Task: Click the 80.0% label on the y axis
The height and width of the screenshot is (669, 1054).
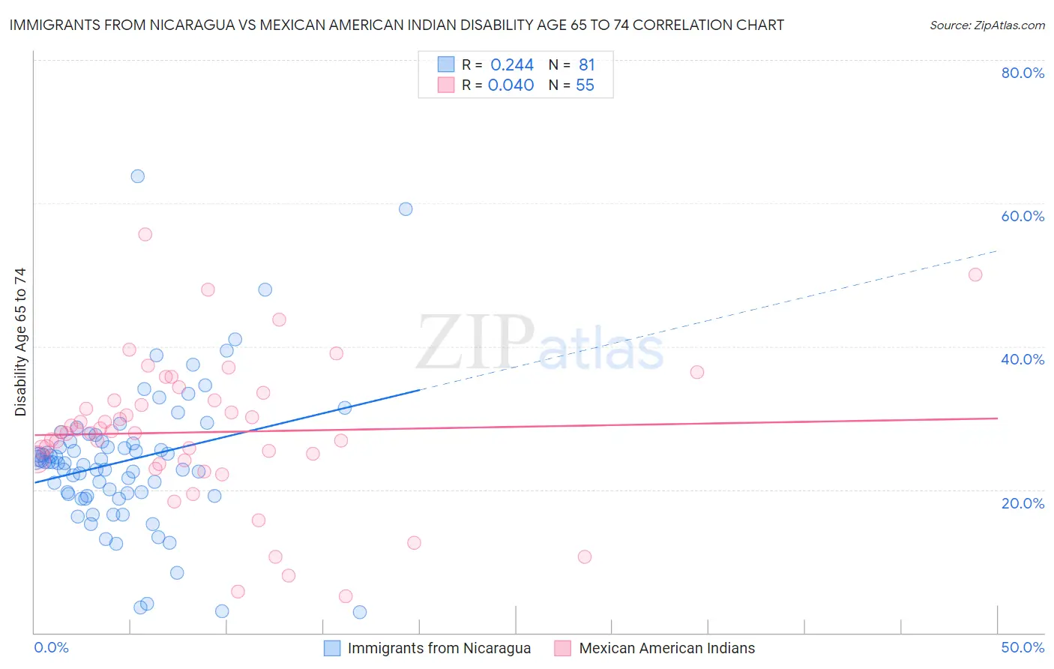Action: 1023,73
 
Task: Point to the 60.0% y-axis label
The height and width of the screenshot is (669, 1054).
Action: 1023,216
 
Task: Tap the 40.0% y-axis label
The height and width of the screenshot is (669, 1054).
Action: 1023,359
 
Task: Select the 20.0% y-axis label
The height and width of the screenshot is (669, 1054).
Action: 1023,503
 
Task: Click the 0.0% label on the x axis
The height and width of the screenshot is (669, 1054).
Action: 51,647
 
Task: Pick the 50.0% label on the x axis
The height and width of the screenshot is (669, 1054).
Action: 1023,647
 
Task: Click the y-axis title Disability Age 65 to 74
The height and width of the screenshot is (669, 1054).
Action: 20,342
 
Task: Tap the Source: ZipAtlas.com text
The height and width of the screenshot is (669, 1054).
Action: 987,25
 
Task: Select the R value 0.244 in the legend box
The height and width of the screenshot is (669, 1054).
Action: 512,65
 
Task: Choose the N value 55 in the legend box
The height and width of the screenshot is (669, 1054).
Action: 585,85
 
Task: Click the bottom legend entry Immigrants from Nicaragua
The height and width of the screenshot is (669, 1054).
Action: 439,648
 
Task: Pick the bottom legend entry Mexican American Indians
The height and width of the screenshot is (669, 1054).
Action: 666,648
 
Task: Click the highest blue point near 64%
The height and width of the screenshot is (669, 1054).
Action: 138,176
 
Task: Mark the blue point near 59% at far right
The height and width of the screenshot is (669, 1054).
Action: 406,209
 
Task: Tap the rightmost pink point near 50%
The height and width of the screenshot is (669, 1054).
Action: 975,274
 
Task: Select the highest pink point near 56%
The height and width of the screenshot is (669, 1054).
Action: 145,235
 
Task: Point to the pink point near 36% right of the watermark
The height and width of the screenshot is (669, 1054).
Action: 697,372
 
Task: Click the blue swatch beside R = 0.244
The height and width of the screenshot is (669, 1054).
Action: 446,64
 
